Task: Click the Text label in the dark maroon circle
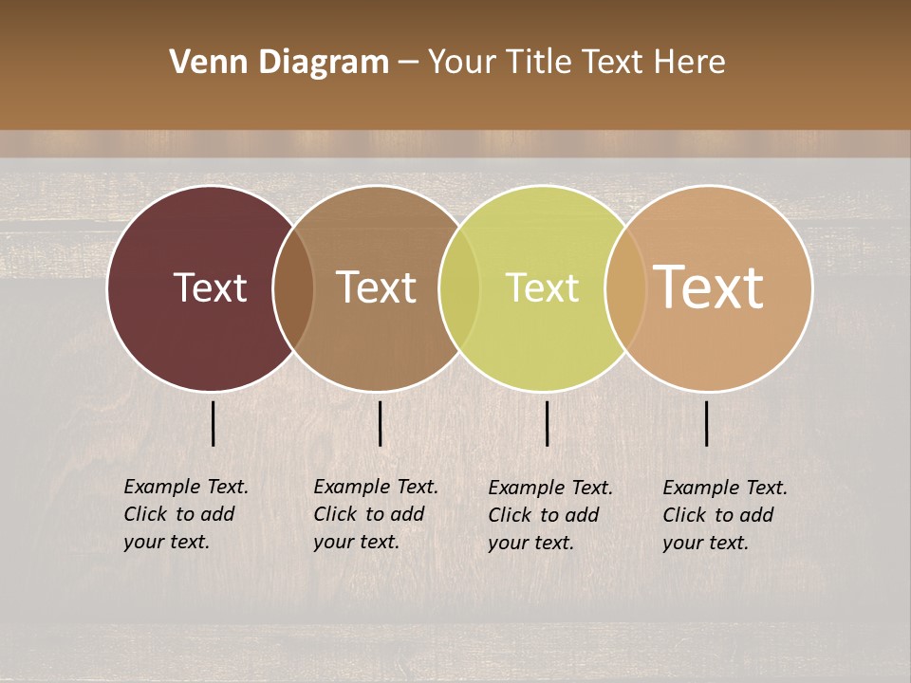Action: tap(210, 287)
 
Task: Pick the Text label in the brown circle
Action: tap(376, 287)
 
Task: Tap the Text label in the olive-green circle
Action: tap(542, 287)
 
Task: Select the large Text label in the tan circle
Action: tap(709, 287)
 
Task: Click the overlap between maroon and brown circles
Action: tap(293, 287)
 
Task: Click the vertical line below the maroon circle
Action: tap(214, 423)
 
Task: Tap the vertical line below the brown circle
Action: tap(380, 423)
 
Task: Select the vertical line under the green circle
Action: tap(548, 423)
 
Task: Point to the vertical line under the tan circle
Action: tap(707, 423)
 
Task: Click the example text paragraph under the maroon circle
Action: tap(186, 514)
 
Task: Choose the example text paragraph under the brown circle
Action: tap(376, 514)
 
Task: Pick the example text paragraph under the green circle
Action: tap(550, 515)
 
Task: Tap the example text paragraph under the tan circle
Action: tap(725, 515)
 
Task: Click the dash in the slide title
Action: tap(408, 63)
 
